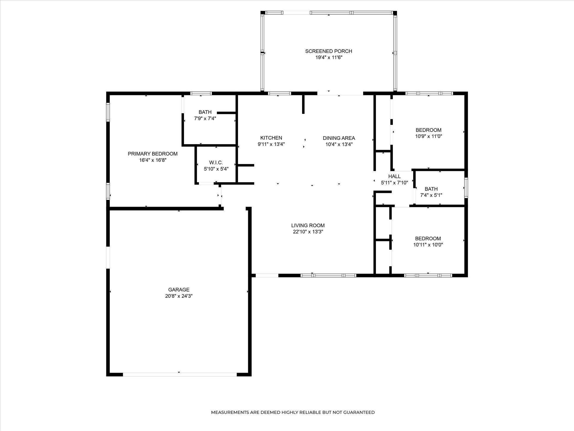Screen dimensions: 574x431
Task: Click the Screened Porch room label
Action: pyautogui.click(x=329, y=51)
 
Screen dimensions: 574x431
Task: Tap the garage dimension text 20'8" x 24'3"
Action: pyautogui.click(x=179, y=296)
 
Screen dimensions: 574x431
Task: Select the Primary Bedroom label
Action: pyautogui.click(x=153, y=154)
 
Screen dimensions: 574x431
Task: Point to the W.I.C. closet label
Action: pyautogui.click(x=216, y=163)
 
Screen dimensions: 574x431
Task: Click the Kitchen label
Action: pyautogui.click(x=271, y=138)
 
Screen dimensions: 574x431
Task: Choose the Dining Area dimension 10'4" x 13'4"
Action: pyautogui.click(x=339, y=144)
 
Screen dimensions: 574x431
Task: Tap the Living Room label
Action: pyautogui.click(x=308, y=225)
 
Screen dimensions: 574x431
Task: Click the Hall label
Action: pyautogui.click(x=394, y=177)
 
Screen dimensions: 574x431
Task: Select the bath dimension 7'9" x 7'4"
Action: pyautogui.click(x=205, y=118)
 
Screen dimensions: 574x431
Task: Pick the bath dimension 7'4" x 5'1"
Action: pyautogui.click(x=431, y=195)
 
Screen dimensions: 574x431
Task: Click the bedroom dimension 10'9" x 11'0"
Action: pyautogui.click(x=428, y=136)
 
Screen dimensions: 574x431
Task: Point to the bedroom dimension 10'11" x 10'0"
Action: pyautogui.click(x=428, y=245)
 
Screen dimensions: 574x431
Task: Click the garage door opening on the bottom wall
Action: pyautogui.click(x=180, y=374)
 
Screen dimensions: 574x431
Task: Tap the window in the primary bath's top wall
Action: pyautogui.click(x=201, y=93)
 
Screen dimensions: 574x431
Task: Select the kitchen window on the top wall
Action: pyautogui.click(x=279, y=93)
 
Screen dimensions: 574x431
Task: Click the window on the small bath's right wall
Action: pyautogui.click(x=466, y=188)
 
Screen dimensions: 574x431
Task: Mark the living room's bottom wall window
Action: pyautogui.click(x=328, y=275)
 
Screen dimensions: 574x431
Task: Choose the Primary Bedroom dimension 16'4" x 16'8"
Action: pyautogui.click(x=153, y=160)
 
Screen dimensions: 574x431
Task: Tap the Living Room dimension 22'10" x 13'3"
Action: pyautogui.click(x=308, y=232)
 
